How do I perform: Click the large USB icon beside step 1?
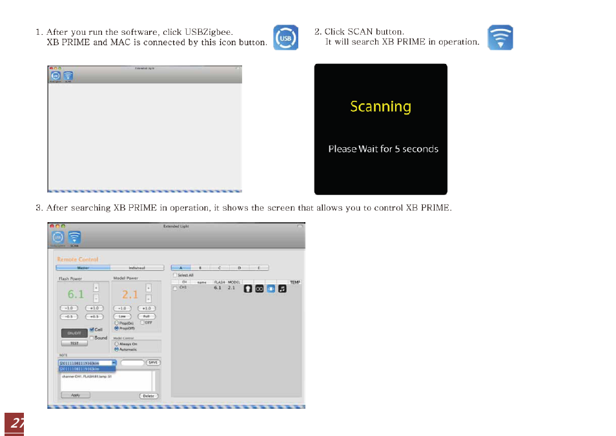pos(285,38)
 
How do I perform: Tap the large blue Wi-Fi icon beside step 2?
pos(500,38)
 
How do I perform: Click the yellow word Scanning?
pos(380,107)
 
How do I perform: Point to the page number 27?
pos(14,424)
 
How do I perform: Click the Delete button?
pos(149,395)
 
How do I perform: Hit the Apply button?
pos(75,395)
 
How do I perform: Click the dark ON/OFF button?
pos(74,333)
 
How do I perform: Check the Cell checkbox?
pos(92,329)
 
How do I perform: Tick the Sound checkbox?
pos(92,338)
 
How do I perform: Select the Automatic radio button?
pos(116,349)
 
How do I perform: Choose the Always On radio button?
pos(116,344)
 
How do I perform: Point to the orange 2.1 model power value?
pos(130,294)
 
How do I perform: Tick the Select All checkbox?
pos(174,275)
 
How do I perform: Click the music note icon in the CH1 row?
pos(282,289)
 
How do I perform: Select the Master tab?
pos(83,267)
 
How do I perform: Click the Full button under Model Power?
pos(146,317)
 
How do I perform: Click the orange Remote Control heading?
pos(77,259)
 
